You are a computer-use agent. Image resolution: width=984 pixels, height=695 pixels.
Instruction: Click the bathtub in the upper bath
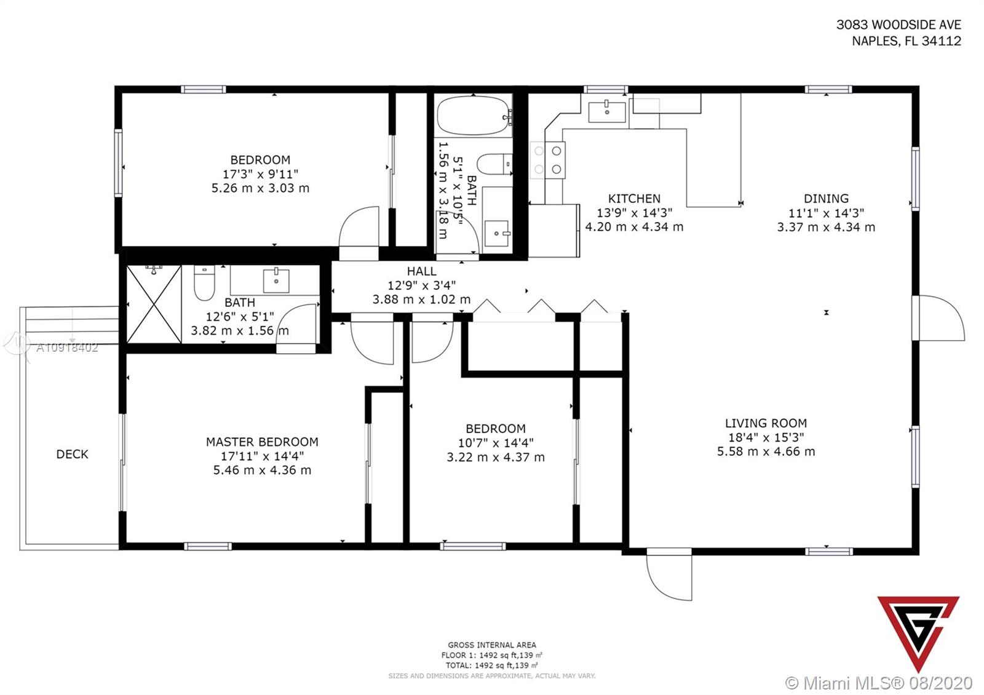(x=474, y=116)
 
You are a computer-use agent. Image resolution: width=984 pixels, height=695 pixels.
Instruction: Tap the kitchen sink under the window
(x=607, y=111)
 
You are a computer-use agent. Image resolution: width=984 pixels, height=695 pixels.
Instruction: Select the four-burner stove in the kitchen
(x=548, y=160)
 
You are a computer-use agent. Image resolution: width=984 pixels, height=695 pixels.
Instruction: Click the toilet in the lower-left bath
(x=204, y=282)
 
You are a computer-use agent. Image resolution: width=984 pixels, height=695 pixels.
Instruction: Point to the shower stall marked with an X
(x=154, y=304)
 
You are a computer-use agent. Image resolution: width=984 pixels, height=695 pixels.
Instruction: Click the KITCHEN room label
(x=634, y=199)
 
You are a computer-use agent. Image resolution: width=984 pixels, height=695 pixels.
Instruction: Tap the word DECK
(x=72, y=455)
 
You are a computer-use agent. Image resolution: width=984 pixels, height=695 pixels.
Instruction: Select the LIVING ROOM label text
(x=766, y=423)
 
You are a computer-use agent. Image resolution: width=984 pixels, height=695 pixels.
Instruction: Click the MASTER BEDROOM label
(x=262, y=442)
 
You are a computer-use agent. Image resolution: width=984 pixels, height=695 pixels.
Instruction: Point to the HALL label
(x=422, y=271)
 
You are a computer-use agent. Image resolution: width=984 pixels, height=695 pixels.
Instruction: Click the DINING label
(x=827, y=199)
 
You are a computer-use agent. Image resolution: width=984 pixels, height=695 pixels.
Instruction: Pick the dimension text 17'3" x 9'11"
(x=261, y=174)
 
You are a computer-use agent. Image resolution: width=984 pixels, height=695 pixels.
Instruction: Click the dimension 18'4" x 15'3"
(x=766, y=437)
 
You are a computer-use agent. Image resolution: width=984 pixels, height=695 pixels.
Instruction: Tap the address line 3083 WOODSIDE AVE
(x=899, y=25)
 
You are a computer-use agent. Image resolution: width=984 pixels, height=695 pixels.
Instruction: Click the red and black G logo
(x=919, y=633)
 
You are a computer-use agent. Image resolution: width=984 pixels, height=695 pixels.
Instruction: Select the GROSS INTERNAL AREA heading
(x=492, y=645)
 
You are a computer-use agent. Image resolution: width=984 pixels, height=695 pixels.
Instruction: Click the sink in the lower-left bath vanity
(x=276, y=280)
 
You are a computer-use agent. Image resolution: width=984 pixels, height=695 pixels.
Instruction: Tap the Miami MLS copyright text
(x=879, y=683)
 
